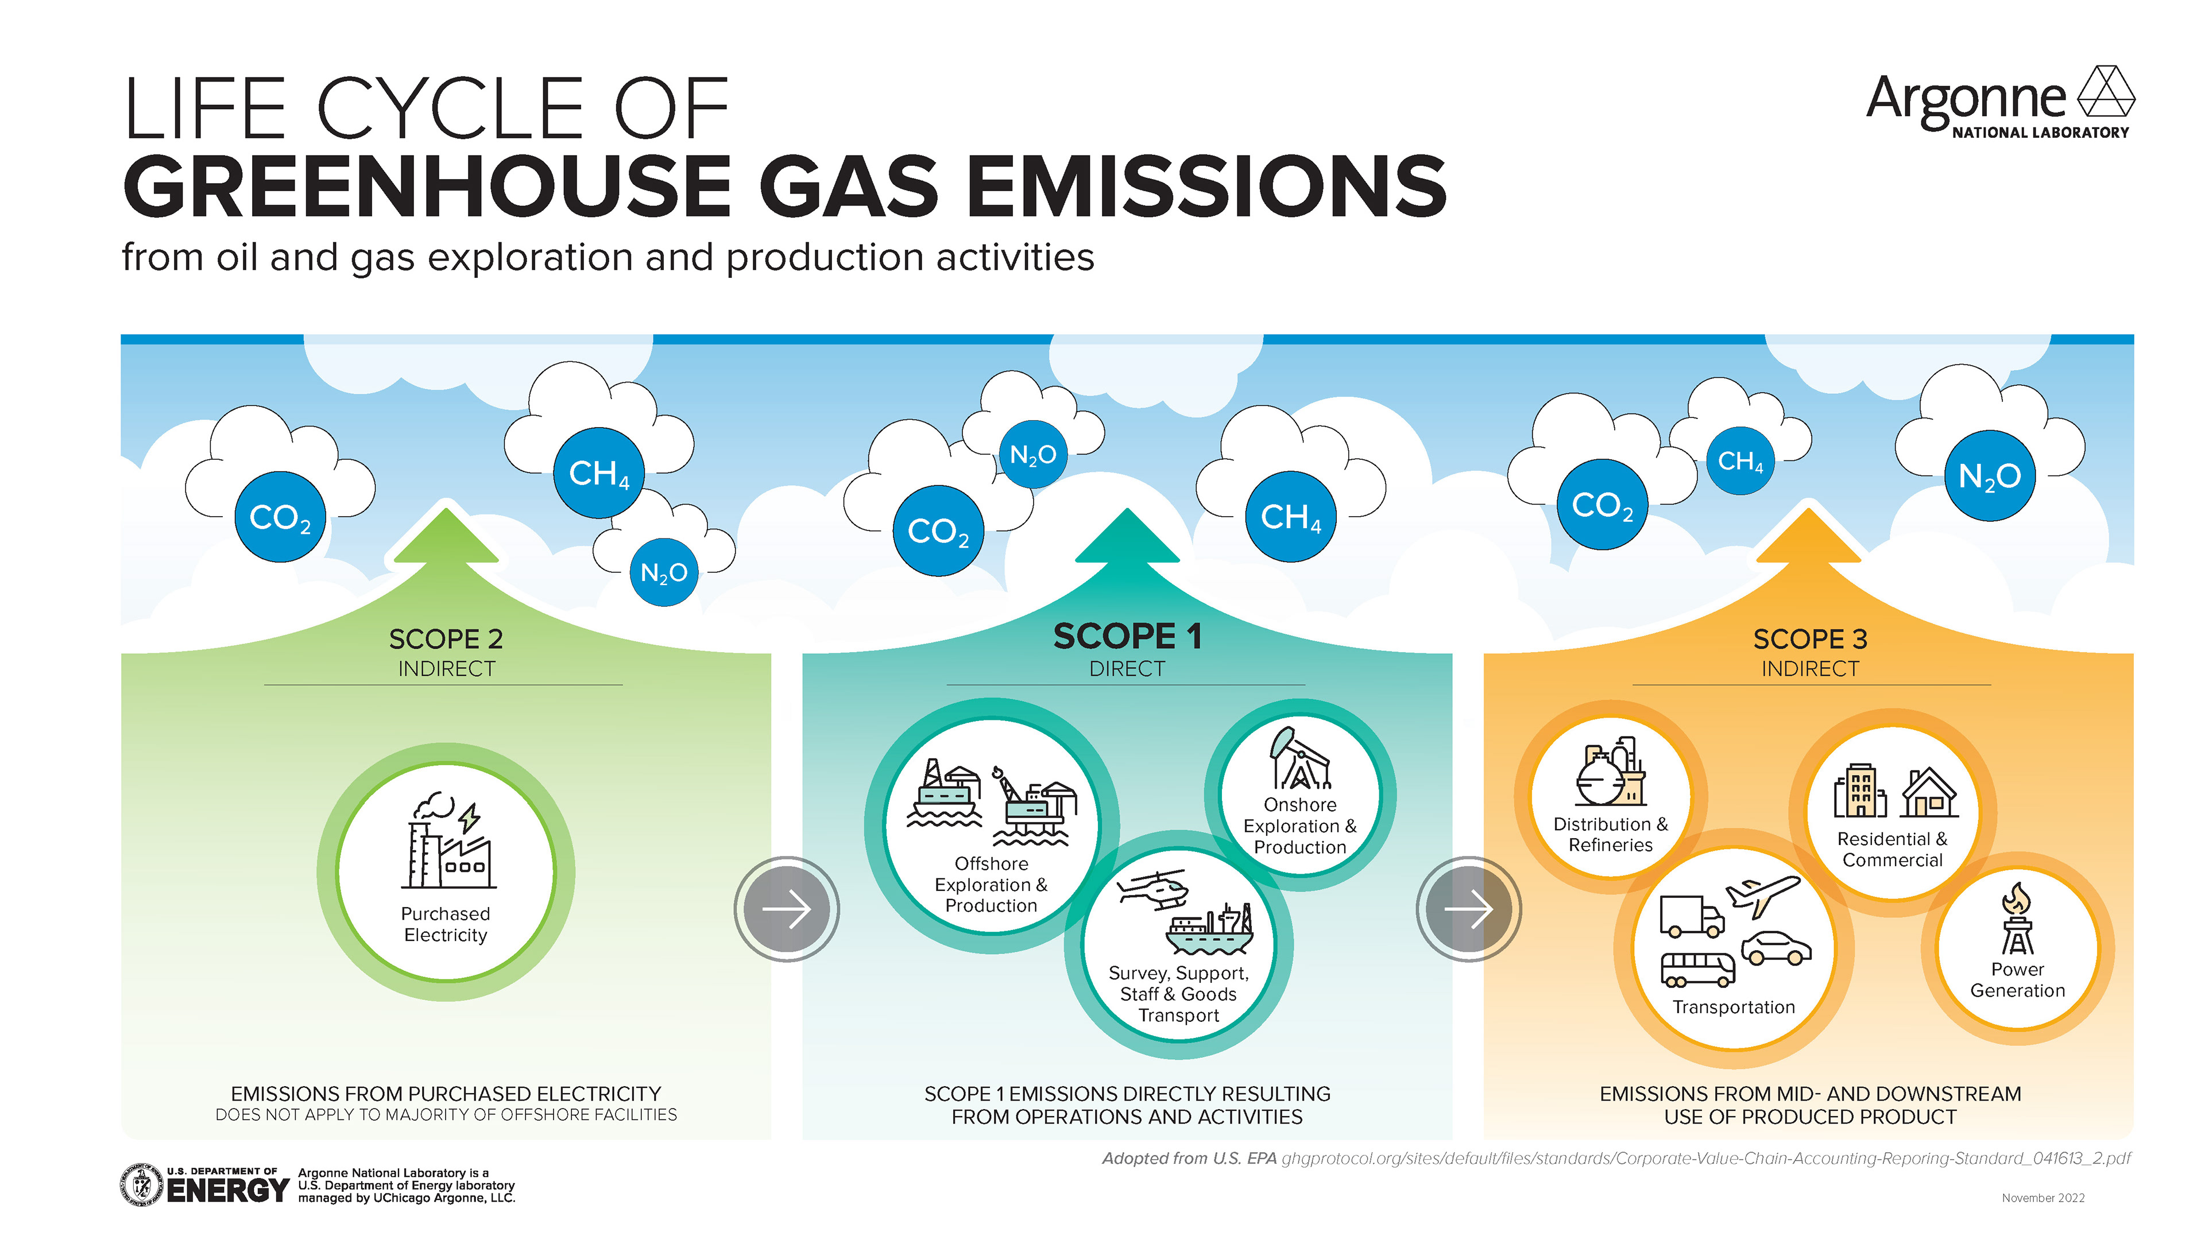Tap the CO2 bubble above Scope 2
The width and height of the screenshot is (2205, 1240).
(280, 517)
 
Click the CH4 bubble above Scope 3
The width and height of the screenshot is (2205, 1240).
(1740, 460)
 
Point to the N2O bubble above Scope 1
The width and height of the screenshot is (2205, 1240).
(1033, 455)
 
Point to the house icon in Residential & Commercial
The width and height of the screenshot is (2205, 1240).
(1929, 793)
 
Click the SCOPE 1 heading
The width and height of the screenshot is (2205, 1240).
(1127, 637)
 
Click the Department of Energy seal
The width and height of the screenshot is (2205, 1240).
(142, 1185)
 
